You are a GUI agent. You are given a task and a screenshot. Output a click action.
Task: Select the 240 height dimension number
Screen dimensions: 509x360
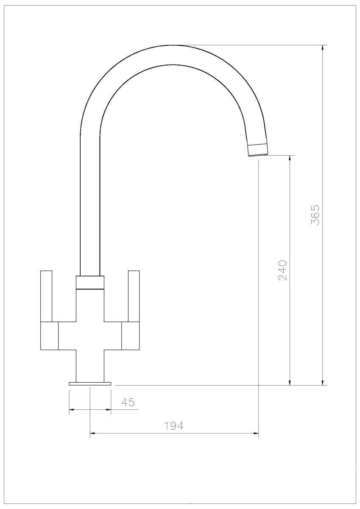coord(282,270)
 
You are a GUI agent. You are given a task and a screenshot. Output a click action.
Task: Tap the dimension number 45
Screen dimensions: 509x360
coord(128,402)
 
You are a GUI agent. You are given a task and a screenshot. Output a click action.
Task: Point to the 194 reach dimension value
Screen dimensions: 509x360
coord(174,426)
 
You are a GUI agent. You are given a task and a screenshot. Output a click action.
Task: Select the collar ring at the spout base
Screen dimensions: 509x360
coord(90,282)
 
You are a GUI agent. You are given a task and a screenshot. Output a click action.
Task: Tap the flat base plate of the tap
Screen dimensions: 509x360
coord(90,383)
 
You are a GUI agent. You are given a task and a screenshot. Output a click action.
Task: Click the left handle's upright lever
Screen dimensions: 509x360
coord(46,296)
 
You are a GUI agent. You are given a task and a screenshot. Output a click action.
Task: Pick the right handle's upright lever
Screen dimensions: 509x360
coord(134,296)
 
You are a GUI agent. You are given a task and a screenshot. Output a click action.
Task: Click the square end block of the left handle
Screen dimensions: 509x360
coord(49,336)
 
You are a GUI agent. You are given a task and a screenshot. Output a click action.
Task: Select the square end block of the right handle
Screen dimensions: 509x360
coord(131,336)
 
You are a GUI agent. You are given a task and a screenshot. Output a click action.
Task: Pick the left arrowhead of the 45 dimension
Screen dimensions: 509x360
coord(72,410)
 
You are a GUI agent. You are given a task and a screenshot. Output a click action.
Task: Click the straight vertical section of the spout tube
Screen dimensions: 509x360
coord(90,204)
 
